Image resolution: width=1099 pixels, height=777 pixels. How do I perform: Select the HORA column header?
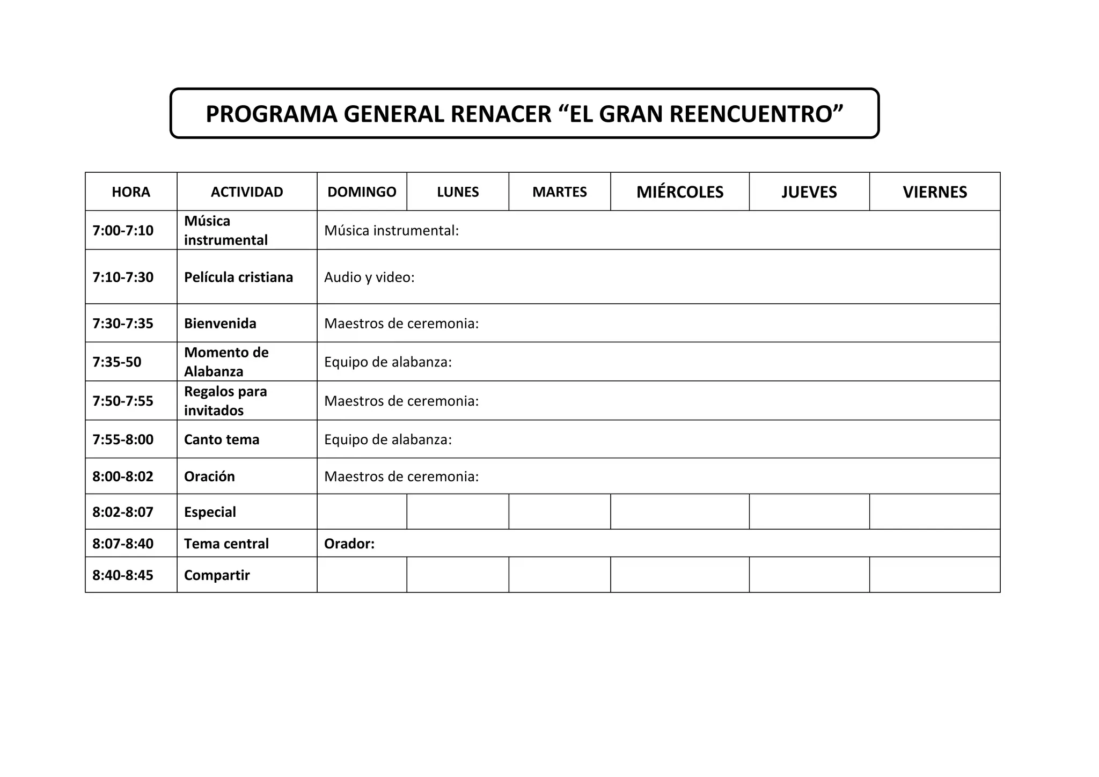tap(131, 192)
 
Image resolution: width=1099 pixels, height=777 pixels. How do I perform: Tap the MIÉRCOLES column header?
tap(679, 192)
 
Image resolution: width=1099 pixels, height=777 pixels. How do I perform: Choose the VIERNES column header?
tap(934, 192)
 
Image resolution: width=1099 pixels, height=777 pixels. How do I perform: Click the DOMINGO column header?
tap(362, 192)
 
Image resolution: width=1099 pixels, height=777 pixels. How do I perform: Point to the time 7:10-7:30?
tap(123, 277)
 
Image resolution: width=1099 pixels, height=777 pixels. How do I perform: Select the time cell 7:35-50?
tap(117, 362)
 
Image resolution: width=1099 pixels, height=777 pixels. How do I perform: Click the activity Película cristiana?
tap(238, 277)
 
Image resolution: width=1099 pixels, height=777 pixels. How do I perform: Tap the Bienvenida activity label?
tap(220, 323)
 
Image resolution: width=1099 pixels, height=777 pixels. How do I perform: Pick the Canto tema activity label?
tap(221, 439)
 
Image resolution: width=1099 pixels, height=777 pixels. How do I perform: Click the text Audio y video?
tap(369, 277)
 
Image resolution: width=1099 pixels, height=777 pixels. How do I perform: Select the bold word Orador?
tap(349, 544)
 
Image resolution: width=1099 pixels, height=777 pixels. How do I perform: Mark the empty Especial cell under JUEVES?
tap(809, 511)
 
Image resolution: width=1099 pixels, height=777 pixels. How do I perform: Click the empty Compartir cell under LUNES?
tap(457, 575)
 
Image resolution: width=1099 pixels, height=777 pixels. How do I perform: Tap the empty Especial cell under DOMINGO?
tap(362, 511)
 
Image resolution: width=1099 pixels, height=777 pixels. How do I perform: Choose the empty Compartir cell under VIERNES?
tap(934, 575)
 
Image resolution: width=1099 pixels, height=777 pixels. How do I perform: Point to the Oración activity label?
tap(209, 477)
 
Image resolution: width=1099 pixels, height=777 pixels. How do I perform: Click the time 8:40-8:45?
tap(123, 575)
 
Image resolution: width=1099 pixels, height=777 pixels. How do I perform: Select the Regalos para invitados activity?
tap(225, 401)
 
